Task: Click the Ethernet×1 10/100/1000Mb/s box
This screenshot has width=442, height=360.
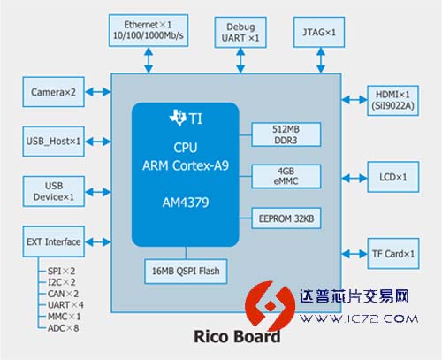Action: (x=149, y=30)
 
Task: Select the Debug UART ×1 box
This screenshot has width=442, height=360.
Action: (x=240, y=32)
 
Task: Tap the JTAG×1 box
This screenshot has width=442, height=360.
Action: (x=319, y=32)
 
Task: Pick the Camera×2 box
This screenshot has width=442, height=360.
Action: (x=54, y=92)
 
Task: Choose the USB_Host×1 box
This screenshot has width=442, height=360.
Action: (x=54, y=142)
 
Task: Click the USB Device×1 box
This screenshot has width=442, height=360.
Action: (x=54, y=191)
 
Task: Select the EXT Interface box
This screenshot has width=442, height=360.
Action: (x=54, y=241)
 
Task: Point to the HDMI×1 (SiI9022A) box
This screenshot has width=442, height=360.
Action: (x=392, y=101)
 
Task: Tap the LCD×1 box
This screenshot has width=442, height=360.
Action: (x=393, y=177)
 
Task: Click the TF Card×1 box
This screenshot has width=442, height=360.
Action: (x=393, y=254)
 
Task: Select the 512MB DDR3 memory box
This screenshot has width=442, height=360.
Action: (x=286, y=134)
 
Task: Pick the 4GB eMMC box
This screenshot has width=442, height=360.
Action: (x=286, y=176)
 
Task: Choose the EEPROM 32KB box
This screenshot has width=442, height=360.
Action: (x=286, y=218)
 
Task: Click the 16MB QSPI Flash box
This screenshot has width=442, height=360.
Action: (x=186, y=272)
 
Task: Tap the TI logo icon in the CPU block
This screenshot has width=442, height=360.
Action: (x=178, y=118)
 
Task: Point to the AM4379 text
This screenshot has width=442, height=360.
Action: (x=186, y=203)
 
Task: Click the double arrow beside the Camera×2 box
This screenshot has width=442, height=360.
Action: (x=98, y=92)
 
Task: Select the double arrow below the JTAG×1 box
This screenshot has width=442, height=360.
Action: (x=321, y=60)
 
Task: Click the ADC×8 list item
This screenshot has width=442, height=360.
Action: (x=63, y=328)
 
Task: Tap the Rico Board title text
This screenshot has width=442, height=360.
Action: (x=237, y=336)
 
